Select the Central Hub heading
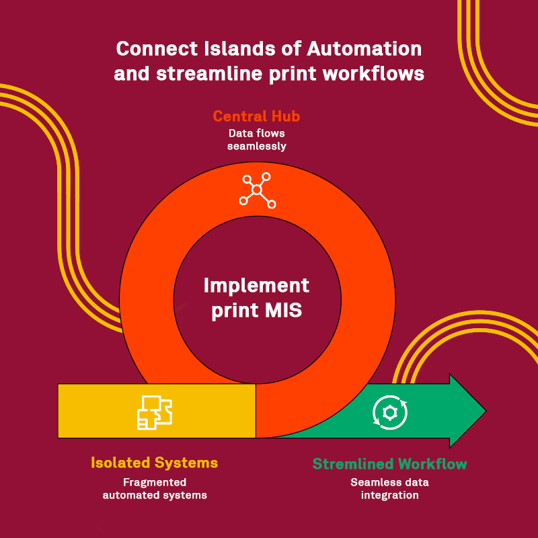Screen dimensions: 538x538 (x=256, y=116)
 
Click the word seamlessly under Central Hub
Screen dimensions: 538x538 (x=256, y=146)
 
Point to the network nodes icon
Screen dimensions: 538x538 (x=257, y=190)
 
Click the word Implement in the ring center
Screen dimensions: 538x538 (x=256, y=285)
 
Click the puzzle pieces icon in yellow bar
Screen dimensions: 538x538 (x=154, y=412)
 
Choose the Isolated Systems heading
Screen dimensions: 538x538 (x=154, y=463)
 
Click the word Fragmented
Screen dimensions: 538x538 (x=154, y=482)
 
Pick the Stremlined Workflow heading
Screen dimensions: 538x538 (x=389, y=464)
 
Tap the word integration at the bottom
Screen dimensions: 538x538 (x=389, y=495)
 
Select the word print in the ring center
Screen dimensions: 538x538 (x=232, y=310)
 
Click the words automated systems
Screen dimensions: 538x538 (x=154, y=495)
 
